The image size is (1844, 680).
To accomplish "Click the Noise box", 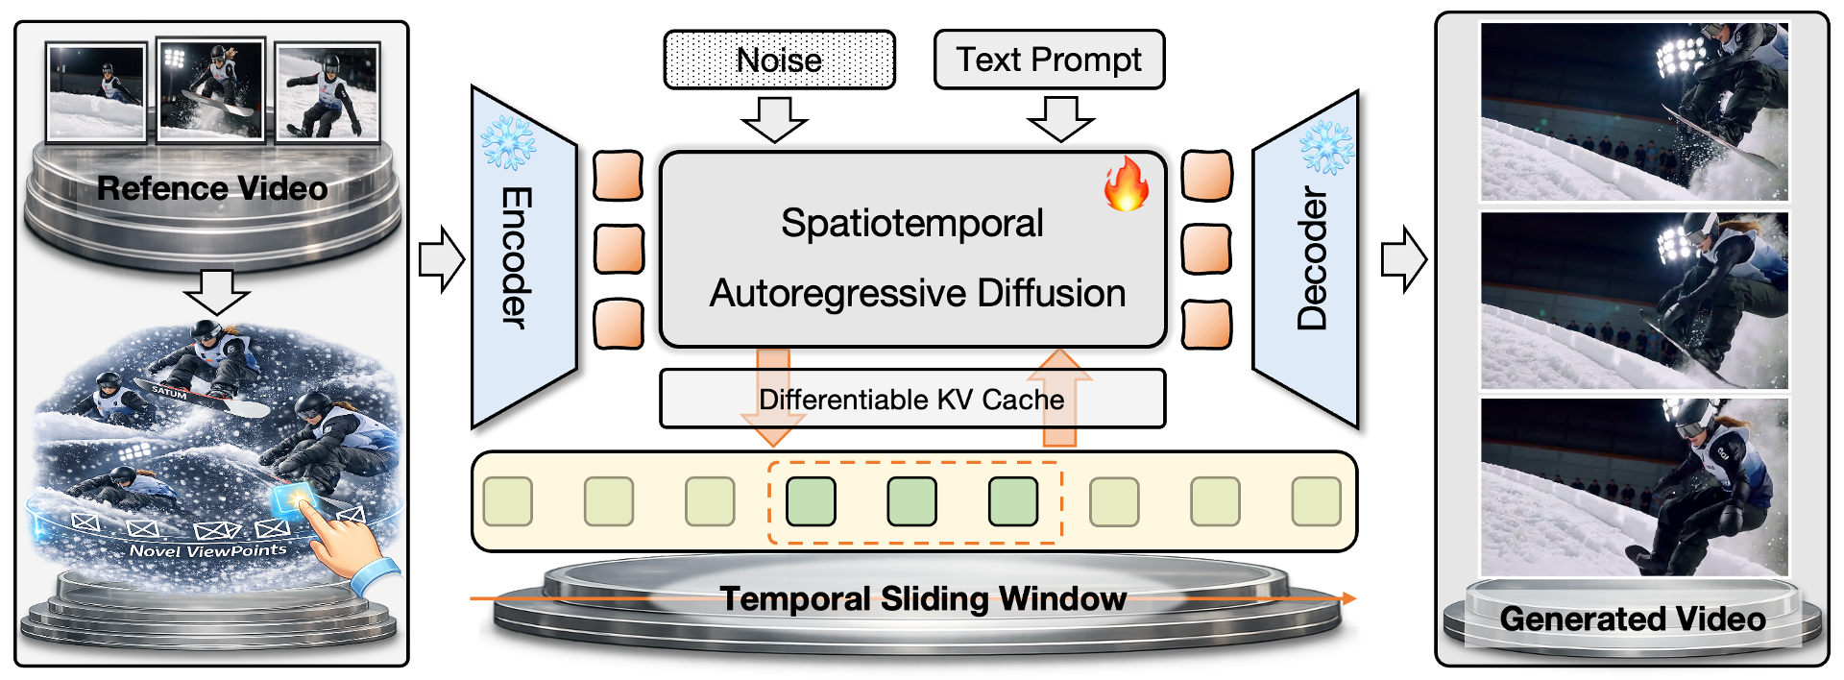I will [779, 60].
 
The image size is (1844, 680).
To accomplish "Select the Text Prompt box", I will [1049, 60].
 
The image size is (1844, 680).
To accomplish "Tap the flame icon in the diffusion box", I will [1126, 184].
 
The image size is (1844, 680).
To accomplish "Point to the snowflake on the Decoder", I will [1326, 147].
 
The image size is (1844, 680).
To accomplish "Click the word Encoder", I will [516, 257].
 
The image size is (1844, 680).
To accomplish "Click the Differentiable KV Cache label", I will [911, 399].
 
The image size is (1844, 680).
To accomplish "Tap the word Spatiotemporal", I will [911, 223].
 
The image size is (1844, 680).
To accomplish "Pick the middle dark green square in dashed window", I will [911, 501].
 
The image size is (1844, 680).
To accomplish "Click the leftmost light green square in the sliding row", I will [508, 501].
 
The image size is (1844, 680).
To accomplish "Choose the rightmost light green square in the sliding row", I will [1316, 501].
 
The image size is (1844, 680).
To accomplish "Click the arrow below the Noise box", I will [774, 119].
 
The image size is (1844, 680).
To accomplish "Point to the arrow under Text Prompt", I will [1060, 119].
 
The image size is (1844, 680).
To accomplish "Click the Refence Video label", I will [212, 188].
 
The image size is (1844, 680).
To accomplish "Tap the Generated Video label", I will [1633, 619].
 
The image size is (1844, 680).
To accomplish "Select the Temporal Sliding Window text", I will [923, 598].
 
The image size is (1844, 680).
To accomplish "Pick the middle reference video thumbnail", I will [211, 90].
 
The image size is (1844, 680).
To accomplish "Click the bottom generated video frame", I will [1634, 487].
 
